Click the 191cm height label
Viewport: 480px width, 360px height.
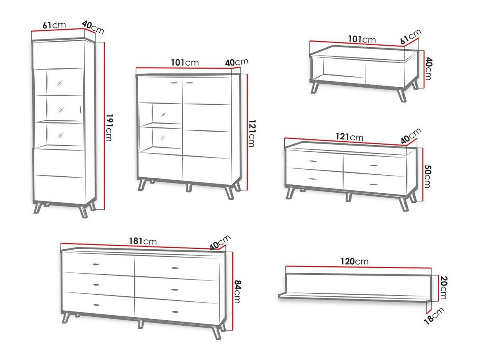coord(109,127)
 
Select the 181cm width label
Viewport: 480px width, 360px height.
coord(142,241)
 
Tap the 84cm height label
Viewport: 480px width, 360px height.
coord(237,291)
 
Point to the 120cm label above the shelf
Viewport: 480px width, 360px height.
coord(354,262)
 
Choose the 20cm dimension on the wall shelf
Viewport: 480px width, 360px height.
coord(443,287)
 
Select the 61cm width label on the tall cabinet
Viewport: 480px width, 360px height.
coord(54,25)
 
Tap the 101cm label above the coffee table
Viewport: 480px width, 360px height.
coord(362,39)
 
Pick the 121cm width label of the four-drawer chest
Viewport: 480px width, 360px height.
coord(350,137)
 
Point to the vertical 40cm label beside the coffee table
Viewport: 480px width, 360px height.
coord(428,68)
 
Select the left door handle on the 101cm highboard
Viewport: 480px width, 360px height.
coord(173,83)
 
